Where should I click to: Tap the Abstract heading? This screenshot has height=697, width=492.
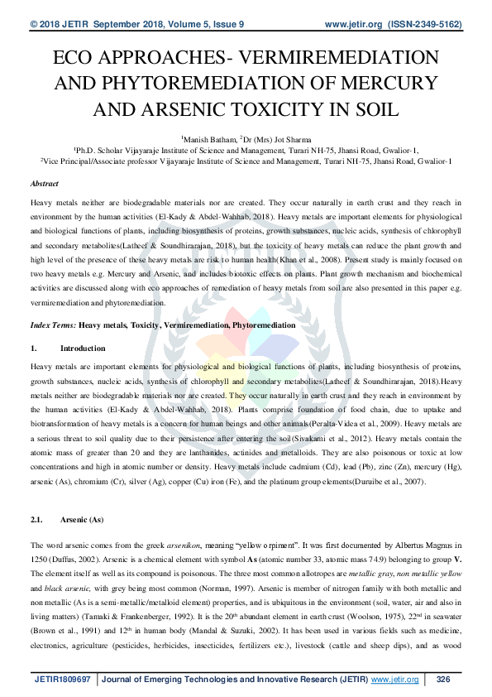click(44, 183)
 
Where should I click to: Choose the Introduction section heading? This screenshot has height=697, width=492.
click(83, 348)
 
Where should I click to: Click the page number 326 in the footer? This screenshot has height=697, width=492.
click(442, 680)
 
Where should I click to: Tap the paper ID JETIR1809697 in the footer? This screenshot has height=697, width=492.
click(64, 680)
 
